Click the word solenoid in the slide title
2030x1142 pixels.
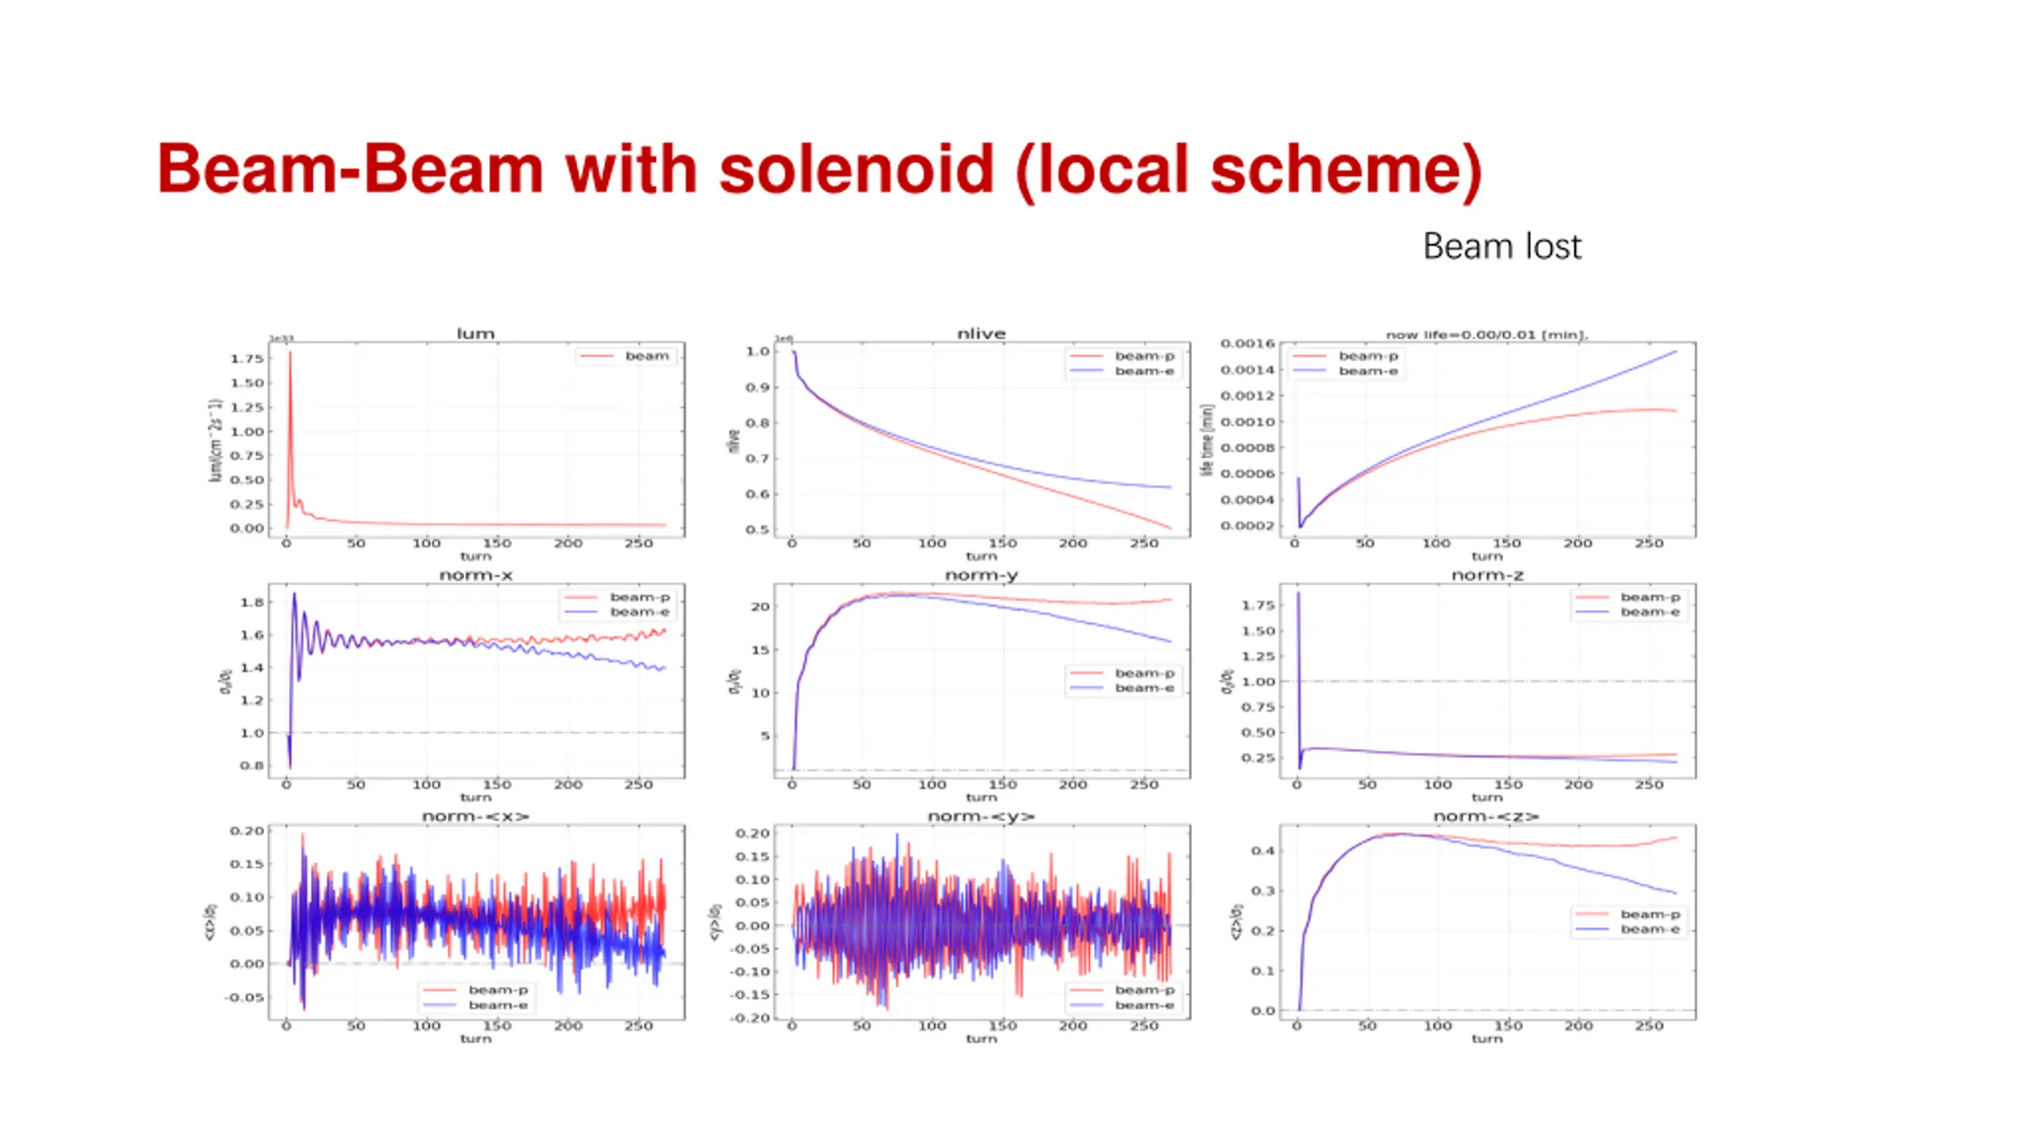tap(856, 170)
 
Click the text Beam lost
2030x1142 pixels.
tap(1501, 247)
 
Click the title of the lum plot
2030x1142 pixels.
tap(475, 334)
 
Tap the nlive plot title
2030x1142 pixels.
tap(981, 334)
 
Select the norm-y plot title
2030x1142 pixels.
tap(981, 575)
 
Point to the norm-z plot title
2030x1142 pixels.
tap(1487, 575)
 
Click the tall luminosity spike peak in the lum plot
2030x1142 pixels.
tap(289, 353)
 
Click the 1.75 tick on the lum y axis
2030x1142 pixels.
tap(247, 358)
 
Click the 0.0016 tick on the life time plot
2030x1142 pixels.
tap(1247, 343)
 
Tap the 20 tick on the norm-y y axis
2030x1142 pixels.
tap(760, 607)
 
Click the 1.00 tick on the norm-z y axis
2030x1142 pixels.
tap(1258, 681)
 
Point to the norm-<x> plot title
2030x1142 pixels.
tap(475, 816)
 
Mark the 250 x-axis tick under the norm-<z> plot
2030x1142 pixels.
tap(1649, 1026)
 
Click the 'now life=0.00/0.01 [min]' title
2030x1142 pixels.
tap(1487, 335)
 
